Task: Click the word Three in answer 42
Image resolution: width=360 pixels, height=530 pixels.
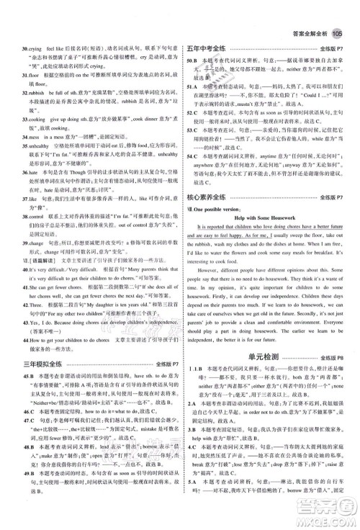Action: point(27,305)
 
